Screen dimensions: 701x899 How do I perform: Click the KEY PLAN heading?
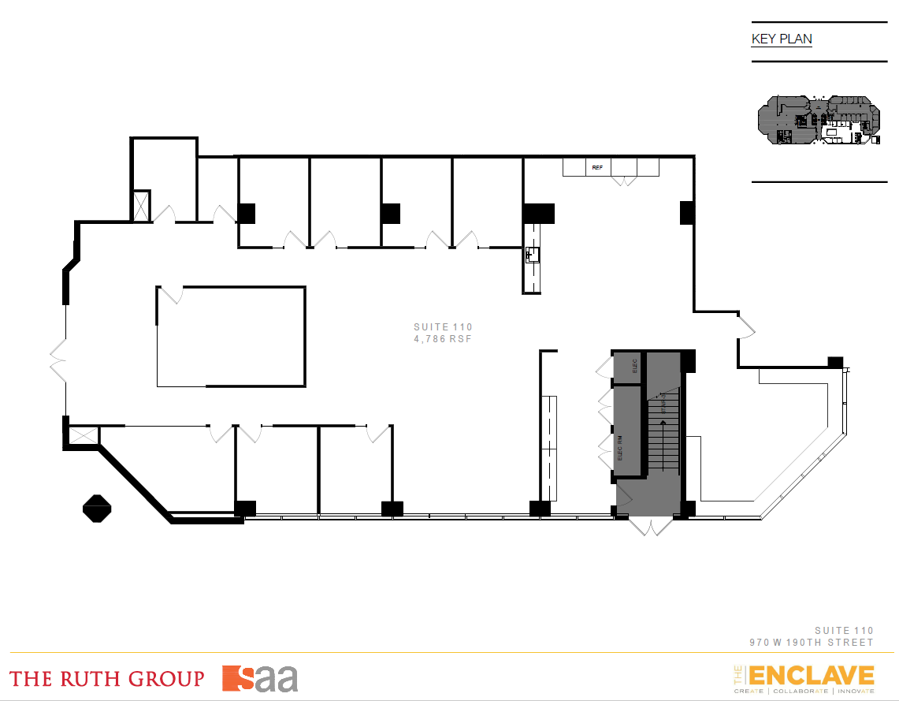(x=782, y=39)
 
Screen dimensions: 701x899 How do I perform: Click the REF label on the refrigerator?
(x=597, y=168)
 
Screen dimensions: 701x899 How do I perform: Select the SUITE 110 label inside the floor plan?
(x=443, y=326)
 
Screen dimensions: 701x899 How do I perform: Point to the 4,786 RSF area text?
(x=443, y=338)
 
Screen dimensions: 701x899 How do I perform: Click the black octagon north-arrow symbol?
(x=97, y=508)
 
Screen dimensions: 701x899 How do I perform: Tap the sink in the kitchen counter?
(x=533, y=254)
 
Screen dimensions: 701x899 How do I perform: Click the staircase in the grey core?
(x=663, y=434)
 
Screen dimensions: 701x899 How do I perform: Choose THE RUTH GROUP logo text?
(x=106, y=678)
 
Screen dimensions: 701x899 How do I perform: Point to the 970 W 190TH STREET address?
(x=811, y=642)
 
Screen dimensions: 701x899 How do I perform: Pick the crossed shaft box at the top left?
(x=142, y=205)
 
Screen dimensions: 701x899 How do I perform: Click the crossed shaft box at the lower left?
(x=82, y=436)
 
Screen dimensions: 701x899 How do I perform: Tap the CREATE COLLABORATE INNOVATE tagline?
(x=804, y=692)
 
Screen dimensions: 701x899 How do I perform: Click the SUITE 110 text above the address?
(x=844, y=630)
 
